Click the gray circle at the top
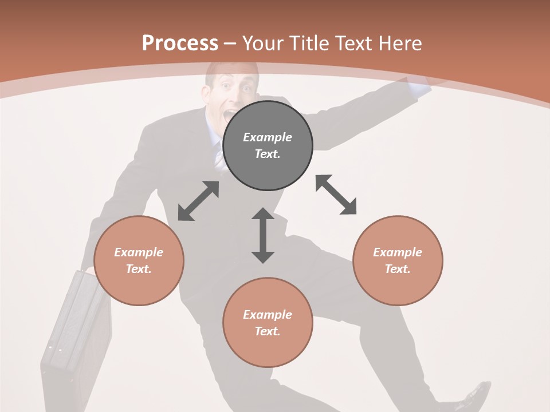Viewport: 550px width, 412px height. (x=268, y=146)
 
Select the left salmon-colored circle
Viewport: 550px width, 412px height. (x=139, y=260)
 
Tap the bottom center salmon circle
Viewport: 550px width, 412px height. (x=268, y=323)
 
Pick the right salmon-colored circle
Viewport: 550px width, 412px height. (x=398, y=260)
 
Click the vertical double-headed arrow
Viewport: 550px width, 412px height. (x=263, y=235)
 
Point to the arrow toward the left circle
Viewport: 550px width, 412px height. (x=198, y=201)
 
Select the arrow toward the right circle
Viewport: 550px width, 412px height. (x=336, y=195)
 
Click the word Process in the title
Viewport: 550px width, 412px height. (x=180, y=43)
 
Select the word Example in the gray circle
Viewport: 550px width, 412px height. (x=268, y=137)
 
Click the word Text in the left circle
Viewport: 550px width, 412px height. (x=138, y=269)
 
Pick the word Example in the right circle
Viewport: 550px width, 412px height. (x=398, y=252)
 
